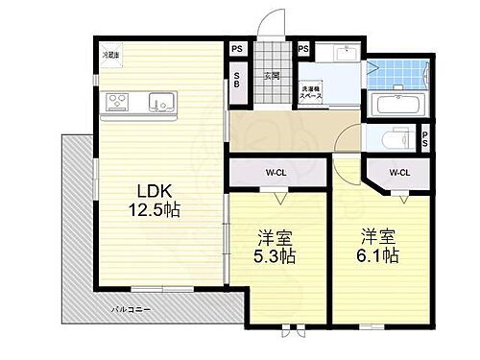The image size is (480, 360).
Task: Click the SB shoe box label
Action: pyautogui.click(x=237, y=84)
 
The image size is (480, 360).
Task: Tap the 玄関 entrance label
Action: pyautogui.click(x=272, y=75)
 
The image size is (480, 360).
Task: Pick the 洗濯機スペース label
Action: pyautogui.click(x=312, y=93)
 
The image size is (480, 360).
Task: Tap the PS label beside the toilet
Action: pyautogui.click(x=424, y=139)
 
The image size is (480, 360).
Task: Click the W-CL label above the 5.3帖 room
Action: pyautogui.click(x=277, y=174)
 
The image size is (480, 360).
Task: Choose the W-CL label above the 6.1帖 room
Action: pyautogui.click(x=400, y=174)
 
